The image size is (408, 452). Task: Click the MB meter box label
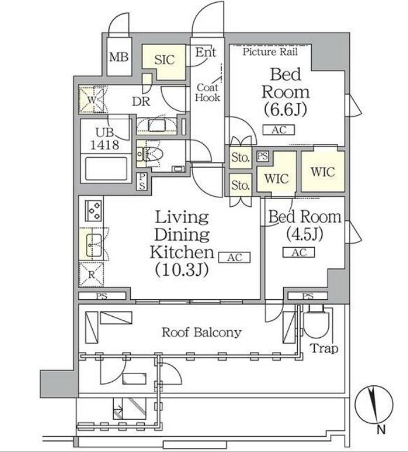(118, 57)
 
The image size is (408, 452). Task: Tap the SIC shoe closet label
(165, 60)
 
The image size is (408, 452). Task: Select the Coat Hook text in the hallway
(208, 93)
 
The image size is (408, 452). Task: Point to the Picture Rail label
(270, 52)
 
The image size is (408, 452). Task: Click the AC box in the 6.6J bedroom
(278, 130)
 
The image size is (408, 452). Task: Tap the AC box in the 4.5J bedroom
(298, 252)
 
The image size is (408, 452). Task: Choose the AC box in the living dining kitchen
(234, 257)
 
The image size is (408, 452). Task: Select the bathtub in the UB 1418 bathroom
(106, 169)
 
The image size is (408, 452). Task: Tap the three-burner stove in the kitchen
(93, 211)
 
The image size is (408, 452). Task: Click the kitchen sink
(93, 245)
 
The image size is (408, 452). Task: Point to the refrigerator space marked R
(91, 275)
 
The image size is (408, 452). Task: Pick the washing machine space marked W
(91, 100)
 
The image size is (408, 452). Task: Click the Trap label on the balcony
(324, 348)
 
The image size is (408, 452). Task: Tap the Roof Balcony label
(202, 333)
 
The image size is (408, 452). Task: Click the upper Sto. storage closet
(240, 157)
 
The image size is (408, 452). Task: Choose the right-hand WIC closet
(323, 172)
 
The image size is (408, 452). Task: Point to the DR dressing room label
(141, 101)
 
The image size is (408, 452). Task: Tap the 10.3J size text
(182, 270)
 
